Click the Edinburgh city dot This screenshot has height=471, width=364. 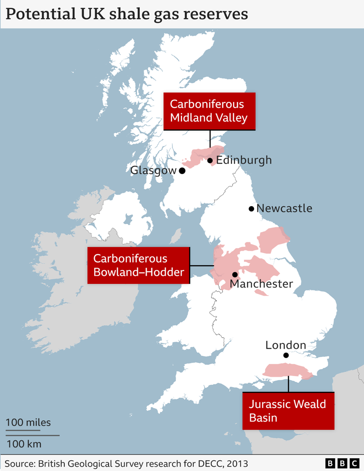[210, 160]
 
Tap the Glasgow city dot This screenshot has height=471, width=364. [182, 170]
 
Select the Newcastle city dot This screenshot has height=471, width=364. [252, 208]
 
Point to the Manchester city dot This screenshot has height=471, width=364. [235, 274]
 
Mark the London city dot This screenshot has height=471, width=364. [286, 355]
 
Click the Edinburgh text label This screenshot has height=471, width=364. [244, 160]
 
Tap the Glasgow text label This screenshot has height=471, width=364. [153, 170]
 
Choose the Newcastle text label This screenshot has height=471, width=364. [284, 208]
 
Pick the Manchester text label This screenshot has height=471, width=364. [261, 284]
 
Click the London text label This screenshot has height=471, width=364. [285, 345]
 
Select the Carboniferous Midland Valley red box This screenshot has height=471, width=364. [209, 111]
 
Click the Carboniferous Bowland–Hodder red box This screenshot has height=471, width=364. [138, 265]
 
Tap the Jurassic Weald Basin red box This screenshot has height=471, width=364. [288, 411]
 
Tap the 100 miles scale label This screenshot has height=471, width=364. [28, 422]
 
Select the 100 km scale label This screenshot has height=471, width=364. [24, 444]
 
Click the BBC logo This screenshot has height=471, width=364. [342, 463]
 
